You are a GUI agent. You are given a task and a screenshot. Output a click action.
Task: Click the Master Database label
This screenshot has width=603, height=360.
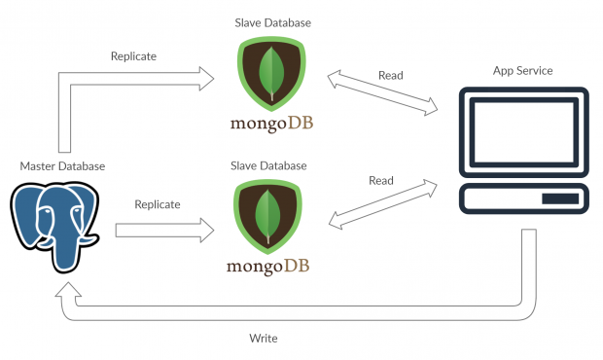click(61, 166)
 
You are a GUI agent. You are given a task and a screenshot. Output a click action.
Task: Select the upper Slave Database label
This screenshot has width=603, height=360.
click(269, 21)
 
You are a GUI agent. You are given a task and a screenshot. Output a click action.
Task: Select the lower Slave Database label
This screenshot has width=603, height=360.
click(269, 166)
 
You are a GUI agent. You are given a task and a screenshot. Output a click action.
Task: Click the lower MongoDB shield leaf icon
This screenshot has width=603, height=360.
click(269, 216)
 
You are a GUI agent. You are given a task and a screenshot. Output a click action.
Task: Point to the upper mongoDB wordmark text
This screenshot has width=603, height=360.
click(269, 123)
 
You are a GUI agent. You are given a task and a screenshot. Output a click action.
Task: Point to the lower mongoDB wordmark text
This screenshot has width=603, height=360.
click(269, 265)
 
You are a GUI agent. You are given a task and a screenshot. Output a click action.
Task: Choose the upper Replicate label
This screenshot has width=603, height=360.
click(135, 56)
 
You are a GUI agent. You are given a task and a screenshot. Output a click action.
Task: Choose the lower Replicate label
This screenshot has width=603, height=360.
click(157, 204)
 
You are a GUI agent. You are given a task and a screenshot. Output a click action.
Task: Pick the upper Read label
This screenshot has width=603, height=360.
click(390, 75)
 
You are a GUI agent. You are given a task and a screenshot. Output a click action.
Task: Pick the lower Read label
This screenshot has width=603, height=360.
click(381, 180)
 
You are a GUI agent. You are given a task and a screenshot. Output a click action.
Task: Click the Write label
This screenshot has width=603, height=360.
click(264, 338)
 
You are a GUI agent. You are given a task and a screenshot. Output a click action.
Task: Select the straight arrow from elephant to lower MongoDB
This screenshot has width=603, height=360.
click(163, 230)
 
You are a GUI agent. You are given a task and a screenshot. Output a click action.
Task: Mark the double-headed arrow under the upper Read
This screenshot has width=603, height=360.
click(381, 93)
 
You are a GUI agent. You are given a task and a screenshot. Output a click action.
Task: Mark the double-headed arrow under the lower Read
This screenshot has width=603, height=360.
click(381, 204)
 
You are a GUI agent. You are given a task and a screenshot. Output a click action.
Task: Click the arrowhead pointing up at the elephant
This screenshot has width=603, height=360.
click(65, 290)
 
